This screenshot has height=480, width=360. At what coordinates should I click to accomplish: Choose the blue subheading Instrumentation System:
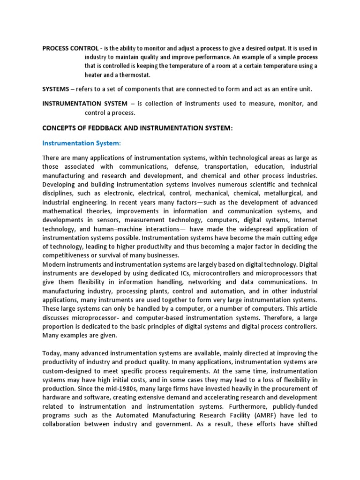click(82, 143)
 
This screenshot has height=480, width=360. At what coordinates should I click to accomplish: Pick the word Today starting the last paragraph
click(52, 353)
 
